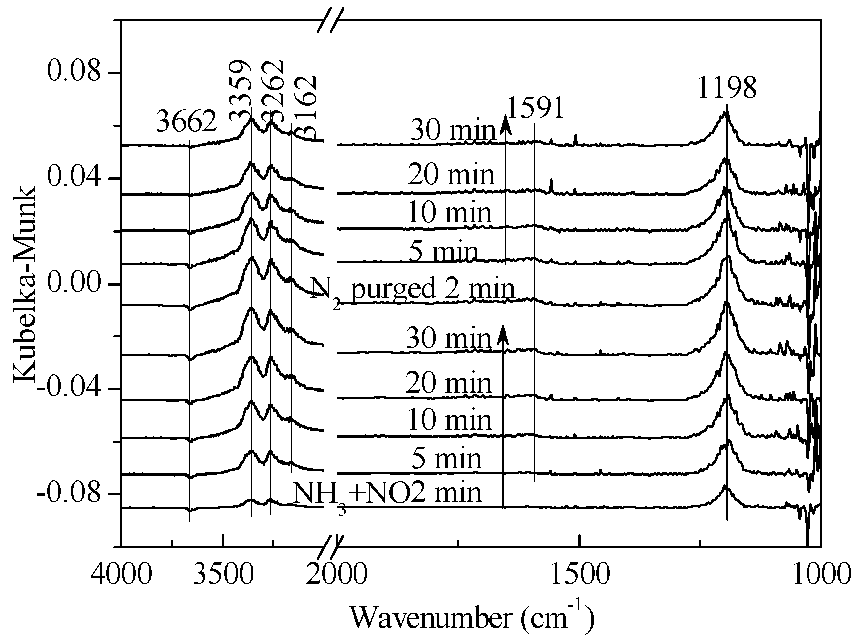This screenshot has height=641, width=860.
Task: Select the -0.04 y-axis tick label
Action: pos(71,389)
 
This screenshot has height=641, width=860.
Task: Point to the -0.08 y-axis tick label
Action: pos(71,494)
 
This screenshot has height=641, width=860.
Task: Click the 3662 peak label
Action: pos(187,121)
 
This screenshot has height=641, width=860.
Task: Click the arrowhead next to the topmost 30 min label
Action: pos(505,122)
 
